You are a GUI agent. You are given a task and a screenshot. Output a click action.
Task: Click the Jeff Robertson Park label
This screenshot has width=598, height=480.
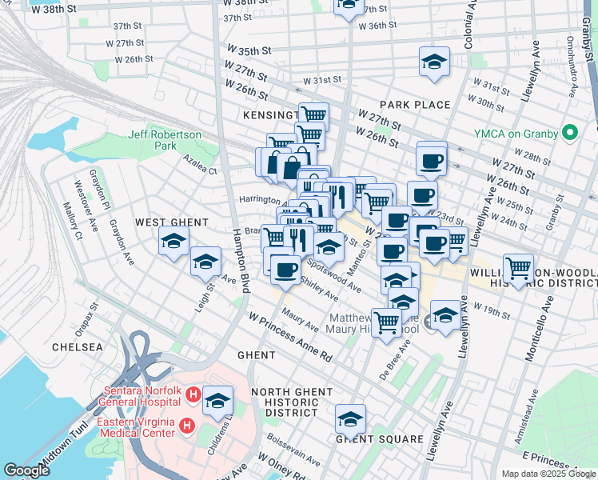point(165,141)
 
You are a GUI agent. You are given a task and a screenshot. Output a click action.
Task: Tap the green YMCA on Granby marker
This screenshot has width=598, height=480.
point(570,132)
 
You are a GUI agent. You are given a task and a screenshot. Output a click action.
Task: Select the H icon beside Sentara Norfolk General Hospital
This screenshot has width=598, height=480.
point(193,394)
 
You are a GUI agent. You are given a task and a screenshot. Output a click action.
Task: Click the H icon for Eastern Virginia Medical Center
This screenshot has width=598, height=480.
point(186,425)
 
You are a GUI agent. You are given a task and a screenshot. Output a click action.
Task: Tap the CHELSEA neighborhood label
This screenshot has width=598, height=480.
point(77,347)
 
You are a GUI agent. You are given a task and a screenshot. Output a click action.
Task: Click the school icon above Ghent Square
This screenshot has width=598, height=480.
point(349,418)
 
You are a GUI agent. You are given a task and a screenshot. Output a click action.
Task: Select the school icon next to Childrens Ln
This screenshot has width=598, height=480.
point(217,400)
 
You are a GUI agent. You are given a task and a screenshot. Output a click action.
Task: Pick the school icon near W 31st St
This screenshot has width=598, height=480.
point(434,61)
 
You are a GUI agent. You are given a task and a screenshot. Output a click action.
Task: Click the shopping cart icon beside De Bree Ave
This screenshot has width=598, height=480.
point(387,322)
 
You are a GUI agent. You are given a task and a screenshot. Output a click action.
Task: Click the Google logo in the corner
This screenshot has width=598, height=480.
point(26,470)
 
